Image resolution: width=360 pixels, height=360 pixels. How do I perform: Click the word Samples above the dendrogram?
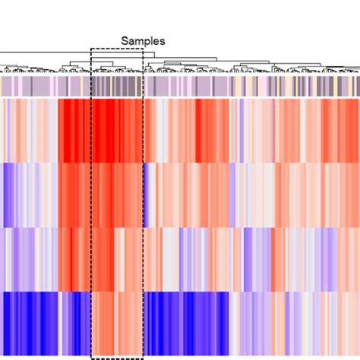tap(144, 41)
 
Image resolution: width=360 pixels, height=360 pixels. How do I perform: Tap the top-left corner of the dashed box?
tap(91, 49)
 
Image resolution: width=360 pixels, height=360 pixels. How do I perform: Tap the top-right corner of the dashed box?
tap(143, 49)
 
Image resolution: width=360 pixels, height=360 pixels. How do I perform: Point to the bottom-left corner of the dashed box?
tap(91, 358)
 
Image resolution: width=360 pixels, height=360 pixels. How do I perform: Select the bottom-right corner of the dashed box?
tap(143, 358)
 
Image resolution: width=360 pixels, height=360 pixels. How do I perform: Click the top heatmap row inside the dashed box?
tap(117, 129)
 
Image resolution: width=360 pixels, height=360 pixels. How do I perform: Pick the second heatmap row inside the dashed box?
tap(117, 194)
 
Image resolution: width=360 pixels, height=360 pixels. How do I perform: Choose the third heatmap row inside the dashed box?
tap(117, 258)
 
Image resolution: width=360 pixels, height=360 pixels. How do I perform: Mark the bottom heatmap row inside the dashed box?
tap(117, 323)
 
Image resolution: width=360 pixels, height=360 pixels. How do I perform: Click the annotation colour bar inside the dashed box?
tap(117, 84)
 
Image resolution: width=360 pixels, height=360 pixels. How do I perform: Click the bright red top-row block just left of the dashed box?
tap(74, 129)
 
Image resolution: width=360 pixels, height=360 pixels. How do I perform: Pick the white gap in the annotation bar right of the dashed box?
tap(145, 84)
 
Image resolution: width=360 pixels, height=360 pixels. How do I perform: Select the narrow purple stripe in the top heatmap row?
tap(242, 129)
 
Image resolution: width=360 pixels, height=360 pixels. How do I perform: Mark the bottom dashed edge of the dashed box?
tap(117, 358)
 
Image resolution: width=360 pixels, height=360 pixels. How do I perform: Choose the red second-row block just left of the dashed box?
tap(74, 194)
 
